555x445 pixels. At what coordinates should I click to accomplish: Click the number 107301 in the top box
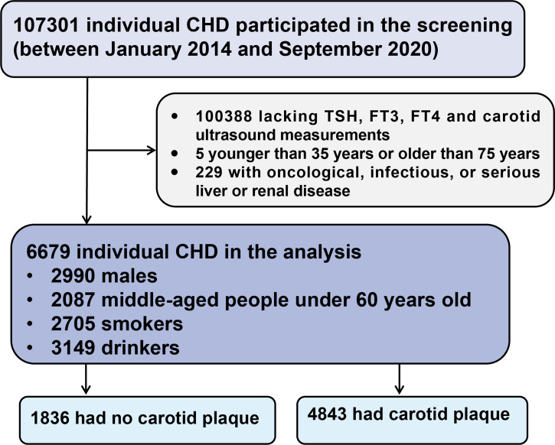[47, 25]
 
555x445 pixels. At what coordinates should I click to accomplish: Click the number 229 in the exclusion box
[209, 173]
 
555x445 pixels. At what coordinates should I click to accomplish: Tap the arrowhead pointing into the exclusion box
[152, 151]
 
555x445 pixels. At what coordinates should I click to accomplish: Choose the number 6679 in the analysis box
[48, 252]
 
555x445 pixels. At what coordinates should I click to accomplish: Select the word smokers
[142, 323]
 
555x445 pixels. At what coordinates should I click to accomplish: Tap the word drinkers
[140, 347]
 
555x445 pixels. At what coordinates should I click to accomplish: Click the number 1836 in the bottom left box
[50, 418]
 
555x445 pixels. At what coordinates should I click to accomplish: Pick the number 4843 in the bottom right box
[327, 414]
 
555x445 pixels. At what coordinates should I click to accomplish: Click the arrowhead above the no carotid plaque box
[86, 388]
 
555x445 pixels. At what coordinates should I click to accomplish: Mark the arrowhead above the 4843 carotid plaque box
[400, 388]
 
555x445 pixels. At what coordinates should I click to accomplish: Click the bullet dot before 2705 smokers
[30, 323]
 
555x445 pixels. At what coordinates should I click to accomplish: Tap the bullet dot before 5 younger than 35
[175, 154]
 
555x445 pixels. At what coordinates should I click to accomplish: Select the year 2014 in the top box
[210, 49]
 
